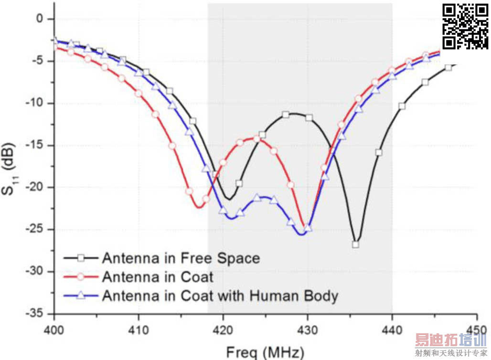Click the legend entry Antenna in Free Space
(x=181, y=258)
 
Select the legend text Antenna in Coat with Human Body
(x=220, y=296)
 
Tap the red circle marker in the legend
(x=81, y=277)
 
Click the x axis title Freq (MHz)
(x=264, y=352)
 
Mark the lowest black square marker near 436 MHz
(x=355, y=244)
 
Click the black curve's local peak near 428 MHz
(x=292, y=114)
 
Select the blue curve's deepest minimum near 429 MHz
(x=301, y=234)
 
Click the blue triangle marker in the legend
(x=81, y=296)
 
